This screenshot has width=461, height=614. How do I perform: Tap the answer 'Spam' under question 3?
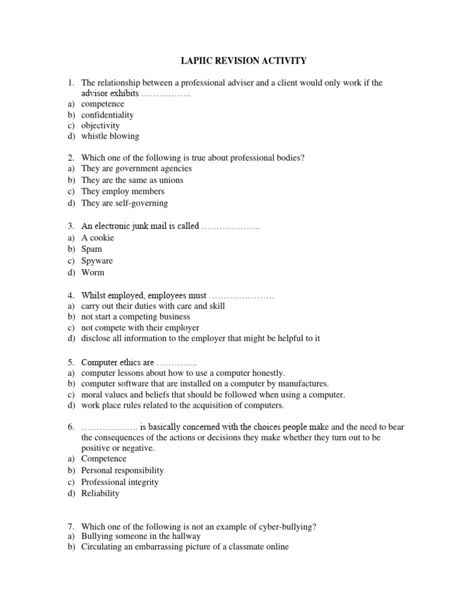click(92, 249)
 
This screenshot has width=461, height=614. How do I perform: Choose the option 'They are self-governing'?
click(124, 203)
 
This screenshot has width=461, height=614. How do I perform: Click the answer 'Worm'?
click(93, 272)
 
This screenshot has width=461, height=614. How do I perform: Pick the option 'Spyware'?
click(97, 261)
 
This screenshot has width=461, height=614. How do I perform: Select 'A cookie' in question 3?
click(98, 237)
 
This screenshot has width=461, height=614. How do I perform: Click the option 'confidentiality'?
click(107, 115)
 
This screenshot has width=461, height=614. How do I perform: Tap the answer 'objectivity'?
click(101, 125)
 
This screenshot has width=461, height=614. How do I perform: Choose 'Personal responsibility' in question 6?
click(122, 471)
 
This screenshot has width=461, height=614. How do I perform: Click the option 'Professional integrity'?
click(120, 482)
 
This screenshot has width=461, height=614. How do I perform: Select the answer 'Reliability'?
click(100, 493)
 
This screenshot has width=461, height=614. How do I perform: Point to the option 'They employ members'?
click(123, 191)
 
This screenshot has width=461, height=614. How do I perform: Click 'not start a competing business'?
click(136, 317)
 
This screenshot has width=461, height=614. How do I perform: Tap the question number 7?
click(70, 527)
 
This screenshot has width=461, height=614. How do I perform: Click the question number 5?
click(70, 362)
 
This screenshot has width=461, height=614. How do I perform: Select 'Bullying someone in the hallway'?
click(141, 536)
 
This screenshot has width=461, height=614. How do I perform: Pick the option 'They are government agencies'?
click(137, 168)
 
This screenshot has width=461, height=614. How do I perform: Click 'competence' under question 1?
click(103, 104)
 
